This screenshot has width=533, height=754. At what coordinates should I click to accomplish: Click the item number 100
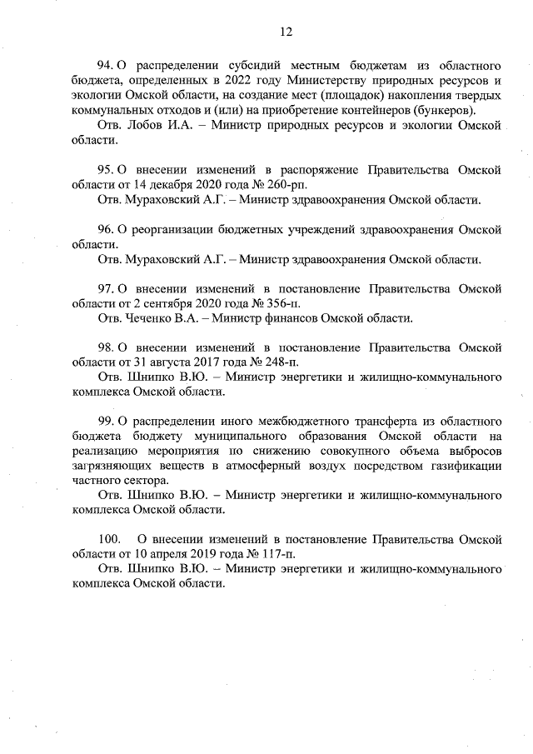(110, 540)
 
